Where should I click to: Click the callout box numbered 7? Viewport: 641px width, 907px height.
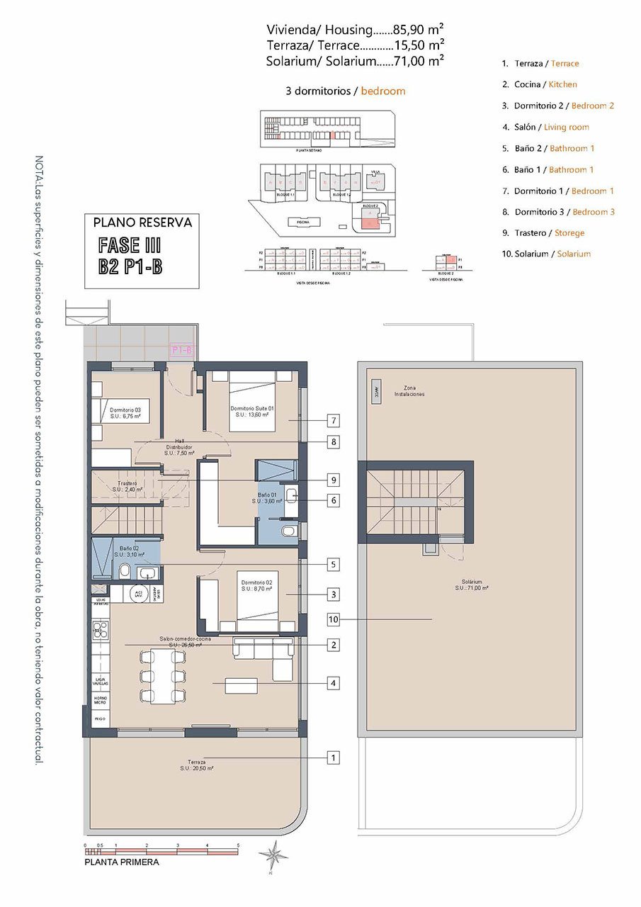pyautogui.click(x=332, y=420)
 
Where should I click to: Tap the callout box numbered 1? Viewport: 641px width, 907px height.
pyautogui.click(x=332, y=757)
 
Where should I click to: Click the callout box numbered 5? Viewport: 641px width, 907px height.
pyautogui.click(x=332, y=565)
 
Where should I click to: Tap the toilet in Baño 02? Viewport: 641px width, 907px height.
pyautogui.click(x=124, y=571)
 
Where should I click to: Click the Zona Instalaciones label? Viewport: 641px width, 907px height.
pyautogui.click(x=409, y=391)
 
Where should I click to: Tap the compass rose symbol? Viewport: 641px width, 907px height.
pyautogui.click(x=273, y=854)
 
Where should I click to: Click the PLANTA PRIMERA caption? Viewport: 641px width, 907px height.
pyautogui.click(x=121, y=862)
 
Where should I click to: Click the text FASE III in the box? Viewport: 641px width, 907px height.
pyautogui.click(x=130, y=246)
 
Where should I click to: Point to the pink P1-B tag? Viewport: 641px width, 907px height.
pyautogui.click(x=181, y=349)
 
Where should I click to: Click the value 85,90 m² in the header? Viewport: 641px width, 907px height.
pyautogui.click(x=418, y=30)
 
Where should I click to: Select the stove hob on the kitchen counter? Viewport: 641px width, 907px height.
pyautogui.click(x=101, y=630)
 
